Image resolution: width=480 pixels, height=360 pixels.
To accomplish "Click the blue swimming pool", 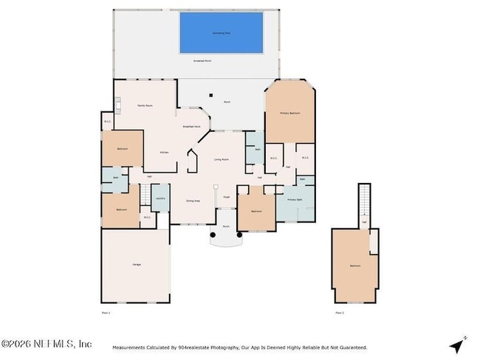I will (x=221, y=32).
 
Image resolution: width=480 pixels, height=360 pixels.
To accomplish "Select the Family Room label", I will (x=145, y=106).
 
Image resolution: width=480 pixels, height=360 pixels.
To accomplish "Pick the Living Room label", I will (x=220, y=159).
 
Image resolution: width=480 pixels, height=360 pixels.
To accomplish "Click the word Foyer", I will (x=227, y=197).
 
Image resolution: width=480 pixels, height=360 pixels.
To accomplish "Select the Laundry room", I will (x=160, y=198).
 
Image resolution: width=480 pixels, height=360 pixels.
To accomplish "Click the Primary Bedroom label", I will (x=289, y=113).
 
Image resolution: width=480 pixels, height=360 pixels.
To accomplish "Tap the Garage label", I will (x=137, y=264).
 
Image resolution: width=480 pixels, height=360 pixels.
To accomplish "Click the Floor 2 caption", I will (x=340, y=314).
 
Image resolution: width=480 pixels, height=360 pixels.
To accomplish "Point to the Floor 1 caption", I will (x=105, y=314).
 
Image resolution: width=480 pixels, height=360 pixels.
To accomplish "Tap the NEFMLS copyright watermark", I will (x=47, y=345).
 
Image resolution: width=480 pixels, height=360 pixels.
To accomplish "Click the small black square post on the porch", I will (x=210, y=94).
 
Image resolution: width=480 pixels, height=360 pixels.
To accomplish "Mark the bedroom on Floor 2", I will (x=354, y=266).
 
